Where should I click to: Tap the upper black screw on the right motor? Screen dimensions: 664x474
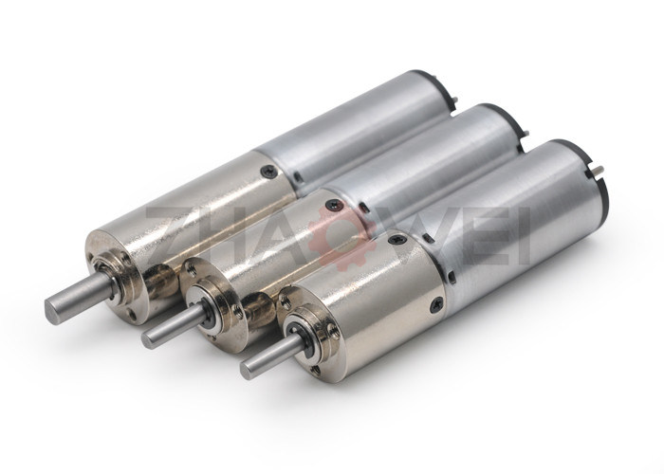tap(399, 239)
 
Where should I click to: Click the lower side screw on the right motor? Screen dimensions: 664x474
tap(436, 304)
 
